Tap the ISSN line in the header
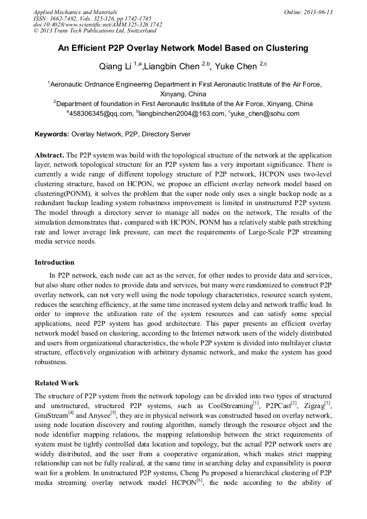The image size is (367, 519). point(93,18)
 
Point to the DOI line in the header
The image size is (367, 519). point(98,25)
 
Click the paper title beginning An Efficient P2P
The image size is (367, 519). point(183,48)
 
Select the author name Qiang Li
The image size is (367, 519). point(115,67)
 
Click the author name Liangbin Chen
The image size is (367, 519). point(173,67)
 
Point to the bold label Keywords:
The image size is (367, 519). point(52,134)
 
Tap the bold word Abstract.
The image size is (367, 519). point(49,154)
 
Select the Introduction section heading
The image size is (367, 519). point(55,262)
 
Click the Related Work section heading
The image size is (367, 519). point(57,383)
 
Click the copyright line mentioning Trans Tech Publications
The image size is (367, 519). point(95,31)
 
